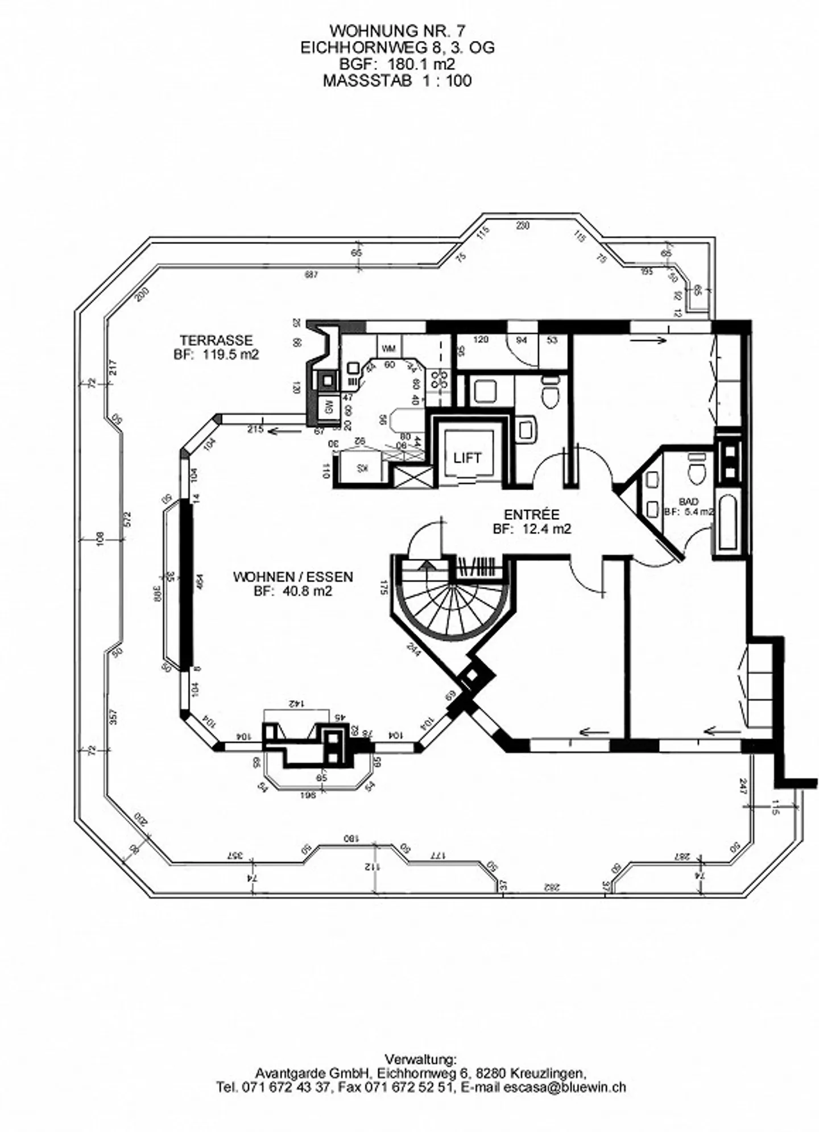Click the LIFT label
tap(467, 458)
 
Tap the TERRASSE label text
tap(216, 340)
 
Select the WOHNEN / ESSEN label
tap(293, 577)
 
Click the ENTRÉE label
tap(532, 514)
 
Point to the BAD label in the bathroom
tap(689, 502)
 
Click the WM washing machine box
tap(389, 348)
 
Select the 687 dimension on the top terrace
tap(311, 275)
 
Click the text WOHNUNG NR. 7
tap(398, 30)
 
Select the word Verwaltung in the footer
tap(420, 1060)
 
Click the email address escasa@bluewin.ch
tap(565, 1087)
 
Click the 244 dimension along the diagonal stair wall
tap(413, 649)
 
